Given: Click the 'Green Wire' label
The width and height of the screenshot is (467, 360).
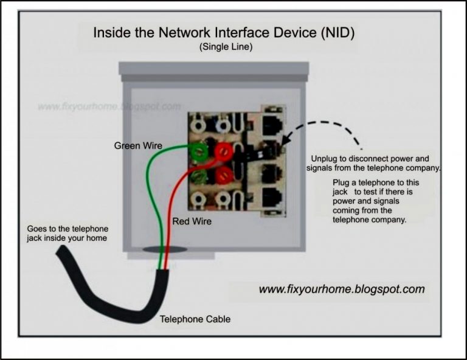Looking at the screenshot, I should [x=139, y=146].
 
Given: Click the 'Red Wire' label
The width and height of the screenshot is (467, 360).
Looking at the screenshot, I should [x=192, y=221].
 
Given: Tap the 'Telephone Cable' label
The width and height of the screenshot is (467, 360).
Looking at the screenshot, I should [x=195, y=319].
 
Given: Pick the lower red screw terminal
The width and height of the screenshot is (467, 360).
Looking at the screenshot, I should [x=223, y=176].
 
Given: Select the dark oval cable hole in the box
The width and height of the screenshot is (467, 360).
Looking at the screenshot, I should [x=165, y=249].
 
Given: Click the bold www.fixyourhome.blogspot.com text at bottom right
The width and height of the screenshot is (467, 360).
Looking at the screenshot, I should [x=342, y=289].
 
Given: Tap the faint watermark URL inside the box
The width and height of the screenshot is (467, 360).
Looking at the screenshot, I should [x=109, y=106].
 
